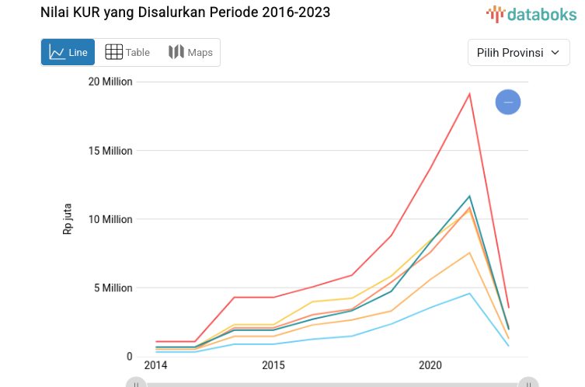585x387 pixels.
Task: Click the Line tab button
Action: tap(68, 52)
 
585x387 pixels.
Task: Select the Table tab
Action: tap(127, 52)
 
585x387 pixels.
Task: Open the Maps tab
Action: tap(190, 52)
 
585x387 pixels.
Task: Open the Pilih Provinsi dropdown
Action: tap(518, 53)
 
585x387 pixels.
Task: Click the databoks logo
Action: tap(531, 13)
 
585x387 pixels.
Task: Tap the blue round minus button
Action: tap(508, 102)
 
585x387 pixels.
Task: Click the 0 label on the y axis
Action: tap(129, 357)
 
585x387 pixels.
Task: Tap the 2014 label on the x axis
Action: tap(155, 365)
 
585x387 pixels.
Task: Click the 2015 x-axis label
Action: tap(273, 365)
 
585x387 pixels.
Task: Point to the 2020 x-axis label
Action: tap(430, 365)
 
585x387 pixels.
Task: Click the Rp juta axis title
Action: tap(68, 219)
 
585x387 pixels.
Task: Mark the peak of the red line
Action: tap(469, 93)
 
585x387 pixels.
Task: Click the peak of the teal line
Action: tap(469, 196)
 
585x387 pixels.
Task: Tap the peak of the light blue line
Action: tap(469, 293)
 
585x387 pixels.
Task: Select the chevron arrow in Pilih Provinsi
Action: tap(555, 53)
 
